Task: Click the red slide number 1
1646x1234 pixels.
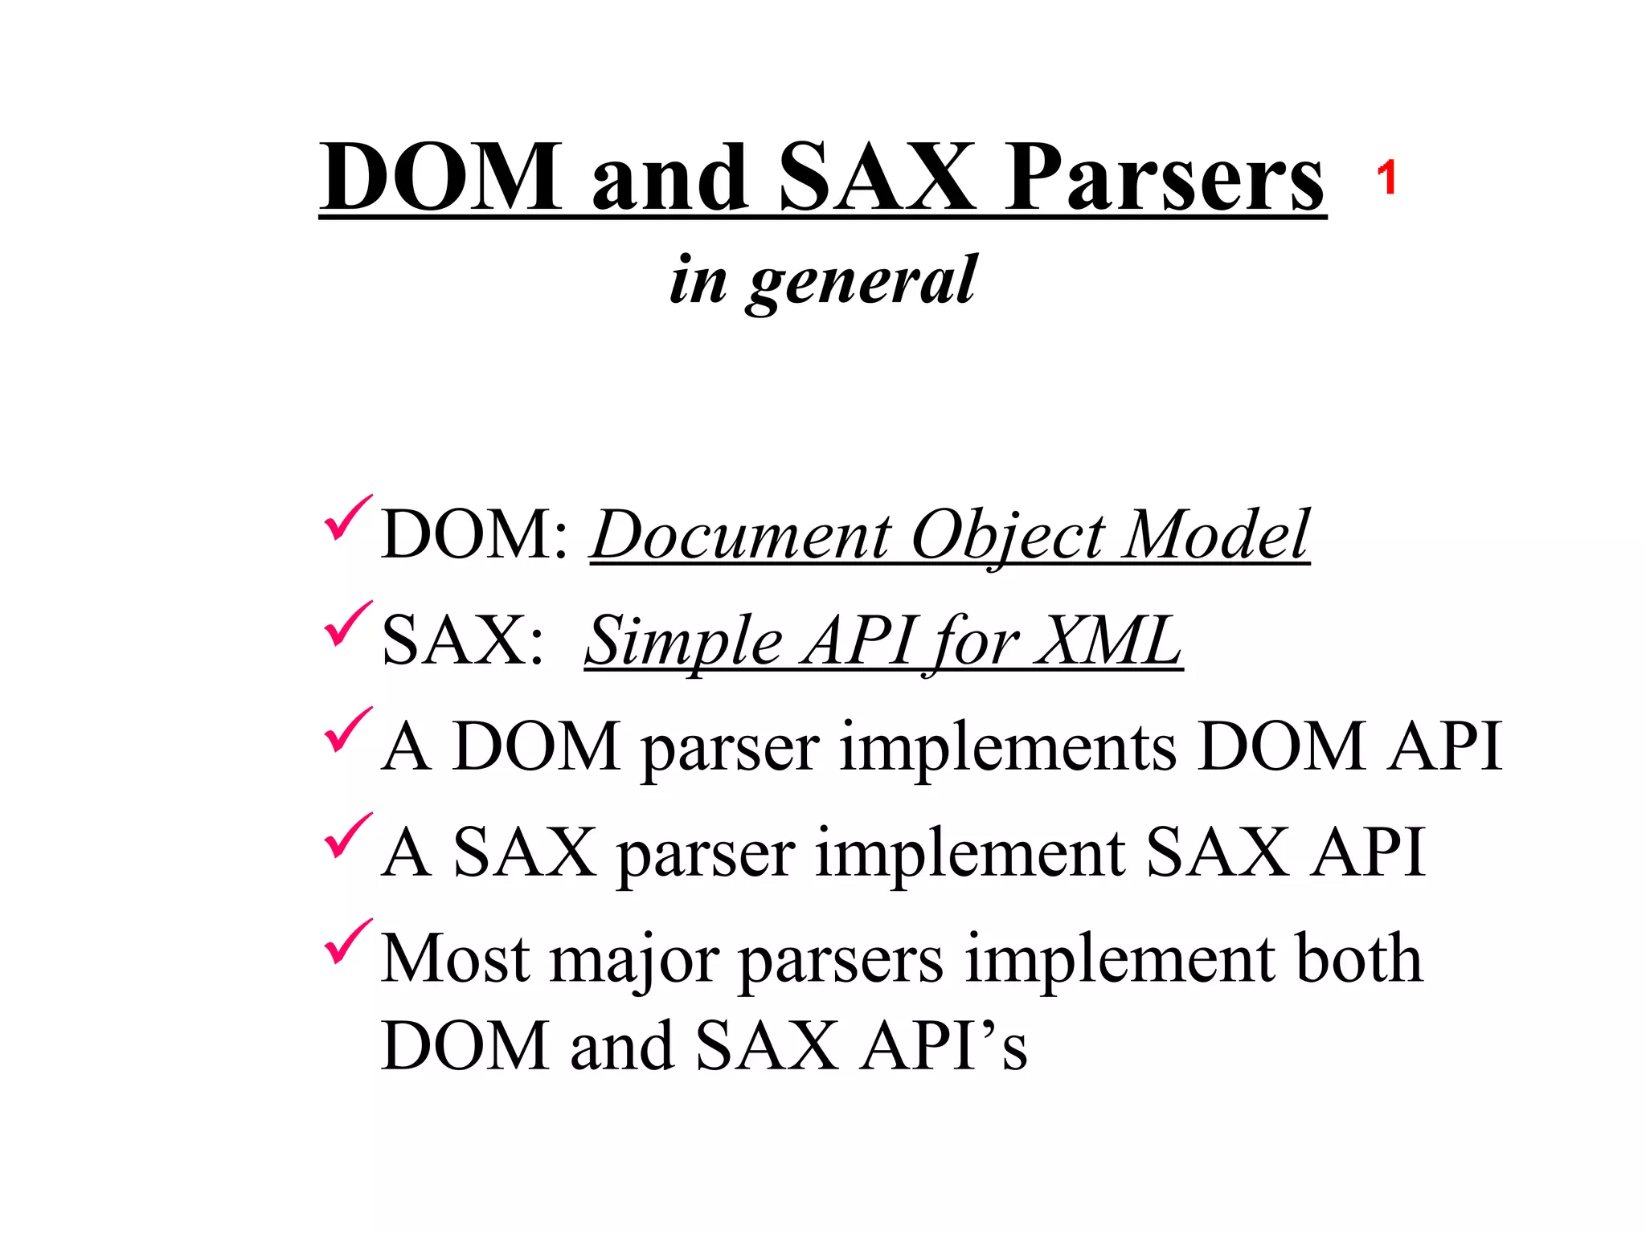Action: pyautogui.click(x=1386, y=178)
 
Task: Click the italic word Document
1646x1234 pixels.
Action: pyautogui.click(x=742, y=536)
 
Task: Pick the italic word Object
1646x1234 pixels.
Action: pyautogui.click(x=1009, y=536)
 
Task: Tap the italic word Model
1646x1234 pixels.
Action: pyautogui.click(x=1216, y=536)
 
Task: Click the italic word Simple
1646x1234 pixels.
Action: pyautogui.click(x=683, y=642)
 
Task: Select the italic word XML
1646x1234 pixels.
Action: pyautogui.click(x=1108, y=642)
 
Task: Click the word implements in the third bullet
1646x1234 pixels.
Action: pyautogui.click(x=1008, y=748)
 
